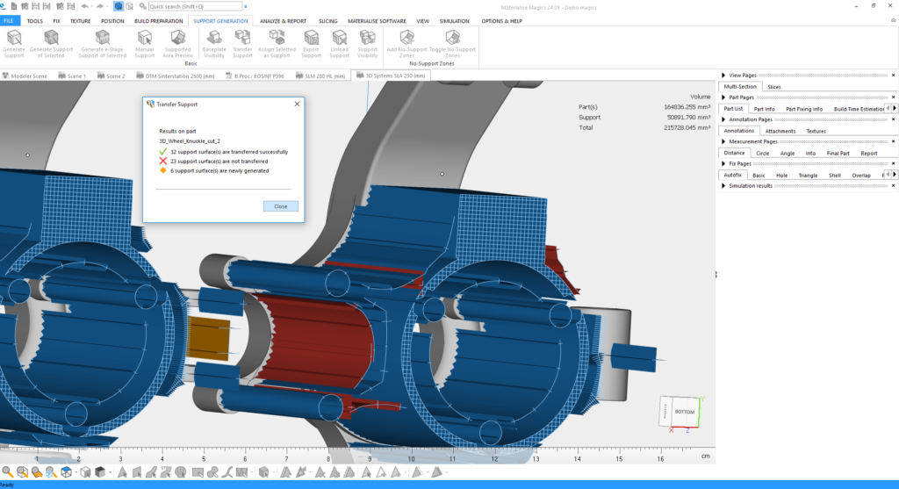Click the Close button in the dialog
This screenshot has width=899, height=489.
click(280, 206)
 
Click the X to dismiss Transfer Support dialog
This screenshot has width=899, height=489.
click(297, 104)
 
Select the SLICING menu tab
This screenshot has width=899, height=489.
click(327, 20)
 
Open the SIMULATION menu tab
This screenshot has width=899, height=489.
click(454, 20)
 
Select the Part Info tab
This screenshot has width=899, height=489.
click(764, 109)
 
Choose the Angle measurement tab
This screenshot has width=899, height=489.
click(788, 153)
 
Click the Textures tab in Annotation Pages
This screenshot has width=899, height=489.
click(816, 131)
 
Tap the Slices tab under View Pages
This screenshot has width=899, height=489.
click(773, 87)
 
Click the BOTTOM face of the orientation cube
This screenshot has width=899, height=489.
click(684, 411)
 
